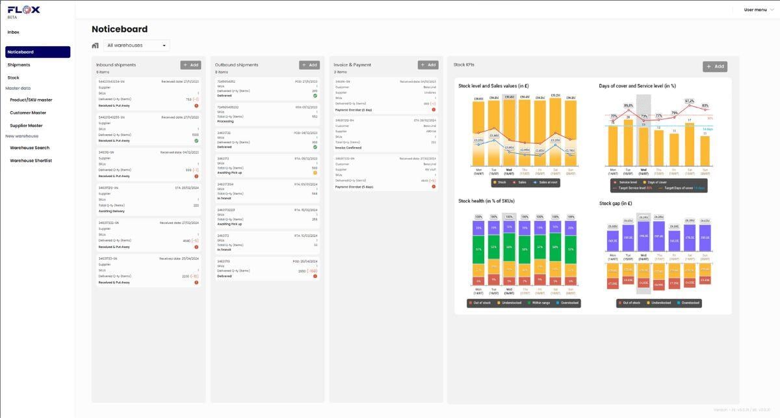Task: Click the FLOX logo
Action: pyautogui.click(x=23, y=10)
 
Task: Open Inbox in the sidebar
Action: pyautogui.click(x=14, y=32)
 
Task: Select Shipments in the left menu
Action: pyautogui.click(x=19, y=65)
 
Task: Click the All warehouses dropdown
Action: pyautogui.click(x=136, y=46)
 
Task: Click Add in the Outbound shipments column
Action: pyautogui.click(x=309, y=65)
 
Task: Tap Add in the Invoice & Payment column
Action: pyautogui.click(x=428, y=65)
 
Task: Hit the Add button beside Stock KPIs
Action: pyautogui.click(x=715, y=66)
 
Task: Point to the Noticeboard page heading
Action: pyautogui.click(x=120, y=29)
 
